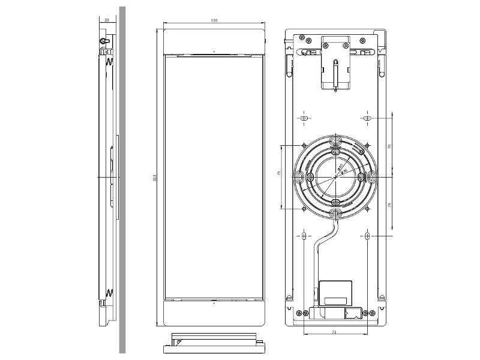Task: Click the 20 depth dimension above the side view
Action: (107, 20)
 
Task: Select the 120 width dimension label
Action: (214, 20)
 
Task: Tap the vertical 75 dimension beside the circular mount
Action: (279, 173)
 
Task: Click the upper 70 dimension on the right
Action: (389, 146)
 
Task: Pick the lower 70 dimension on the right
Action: (389, 205)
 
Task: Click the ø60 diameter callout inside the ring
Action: (340, 167)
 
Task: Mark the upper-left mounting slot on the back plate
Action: (305, 119)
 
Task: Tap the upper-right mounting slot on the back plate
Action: (367, 119)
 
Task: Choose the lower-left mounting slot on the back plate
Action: (305, 236)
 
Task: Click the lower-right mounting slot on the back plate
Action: (367, 236)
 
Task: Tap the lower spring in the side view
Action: (110, 293)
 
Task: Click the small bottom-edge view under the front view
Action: (214, 342)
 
